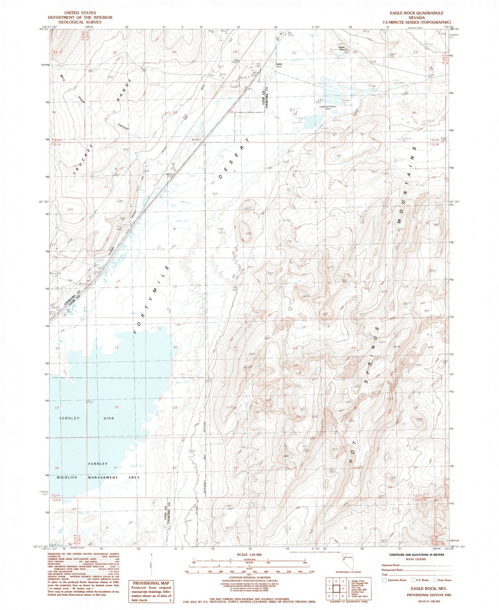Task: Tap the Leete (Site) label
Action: (x=279, y=65)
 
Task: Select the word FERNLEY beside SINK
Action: (x=69, y=418)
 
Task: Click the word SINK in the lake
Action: (x=109, y=418)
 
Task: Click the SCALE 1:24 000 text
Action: (x=249, y=555)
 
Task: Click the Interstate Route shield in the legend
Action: (x=384, y=580)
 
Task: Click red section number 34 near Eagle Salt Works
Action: (x=295, y=114)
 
